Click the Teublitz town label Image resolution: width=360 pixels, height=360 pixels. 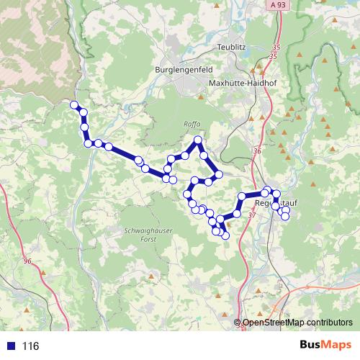click(x=232, y=48)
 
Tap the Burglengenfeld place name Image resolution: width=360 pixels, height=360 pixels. click(x=183, y=70)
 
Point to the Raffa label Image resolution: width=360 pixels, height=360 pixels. click(x=192, y=124)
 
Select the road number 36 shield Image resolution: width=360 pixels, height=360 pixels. click(x=258, y=151)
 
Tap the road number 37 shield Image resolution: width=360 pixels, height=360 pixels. click(x=251, y=215)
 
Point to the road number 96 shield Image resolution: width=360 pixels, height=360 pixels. click(x=28, y=261)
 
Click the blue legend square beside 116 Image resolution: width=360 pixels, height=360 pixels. click(x=11, y=346)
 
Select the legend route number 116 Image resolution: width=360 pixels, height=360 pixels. click(x=30, y=346)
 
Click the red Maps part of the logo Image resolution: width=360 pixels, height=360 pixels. click(x=337, y=345)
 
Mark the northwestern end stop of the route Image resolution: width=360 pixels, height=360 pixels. click(x=74, y=105)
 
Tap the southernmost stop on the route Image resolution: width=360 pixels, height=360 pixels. click(x=225, y=235)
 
